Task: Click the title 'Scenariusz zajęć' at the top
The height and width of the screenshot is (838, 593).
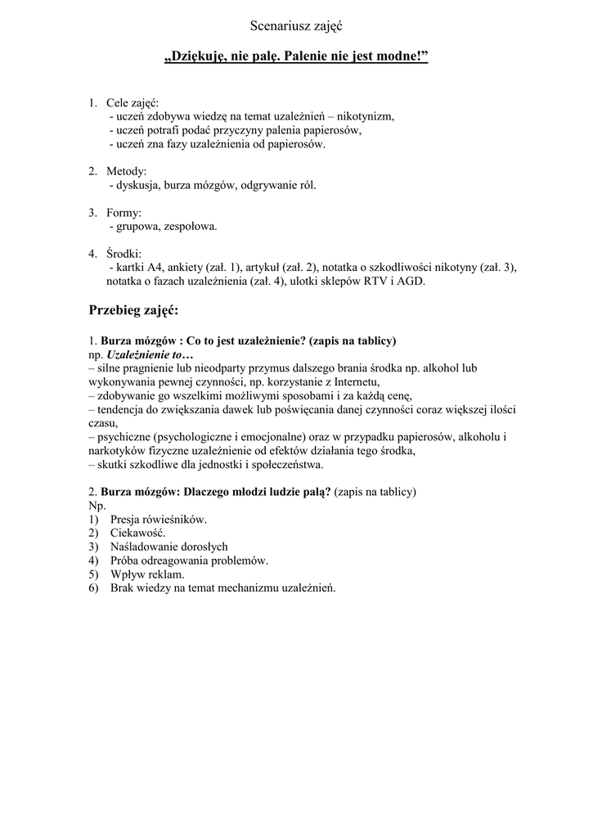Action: pos(295,26)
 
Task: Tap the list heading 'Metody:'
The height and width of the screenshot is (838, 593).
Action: pos(126,171)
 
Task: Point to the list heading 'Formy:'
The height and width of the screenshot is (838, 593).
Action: pos(124,213)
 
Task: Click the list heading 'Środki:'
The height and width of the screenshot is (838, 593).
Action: pos(124,254)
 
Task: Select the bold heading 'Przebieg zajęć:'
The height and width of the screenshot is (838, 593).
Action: pos(133,311)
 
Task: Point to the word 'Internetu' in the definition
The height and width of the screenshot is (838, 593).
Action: pos(357,381)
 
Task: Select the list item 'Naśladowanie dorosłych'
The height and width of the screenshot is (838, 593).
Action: pos(168,547)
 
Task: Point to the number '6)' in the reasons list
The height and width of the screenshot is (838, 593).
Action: pos(94,588)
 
